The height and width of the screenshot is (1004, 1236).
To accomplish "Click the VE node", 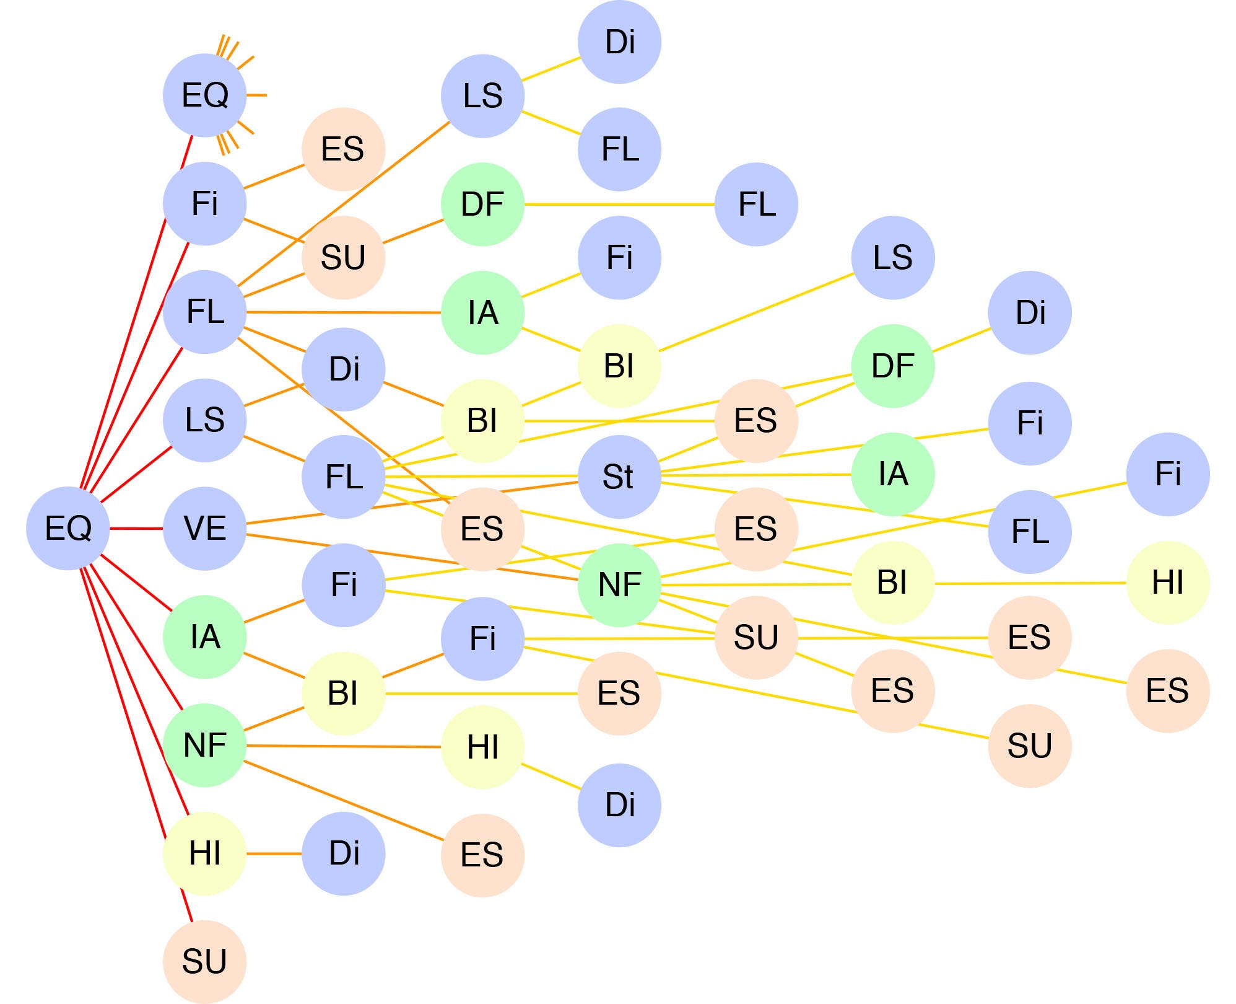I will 204,529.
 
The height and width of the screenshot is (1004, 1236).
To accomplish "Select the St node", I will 619,477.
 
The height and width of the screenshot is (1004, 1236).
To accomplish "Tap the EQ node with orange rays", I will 204,95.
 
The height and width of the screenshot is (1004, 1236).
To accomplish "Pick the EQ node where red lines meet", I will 68,529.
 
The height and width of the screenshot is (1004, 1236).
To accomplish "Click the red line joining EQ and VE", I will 136,529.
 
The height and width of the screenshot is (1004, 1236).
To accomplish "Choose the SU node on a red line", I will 204,962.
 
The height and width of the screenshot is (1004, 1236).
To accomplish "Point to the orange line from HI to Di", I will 274,853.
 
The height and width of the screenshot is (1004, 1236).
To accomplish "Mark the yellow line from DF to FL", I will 619,204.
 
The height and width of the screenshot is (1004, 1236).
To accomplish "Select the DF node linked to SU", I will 482,204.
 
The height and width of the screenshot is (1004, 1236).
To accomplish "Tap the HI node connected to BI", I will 1167,583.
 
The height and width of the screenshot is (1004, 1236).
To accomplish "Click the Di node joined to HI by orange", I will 344,853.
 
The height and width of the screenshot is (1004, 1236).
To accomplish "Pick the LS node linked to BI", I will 892,257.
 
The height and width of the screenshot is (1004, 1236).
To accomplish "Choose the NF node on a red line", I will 204,745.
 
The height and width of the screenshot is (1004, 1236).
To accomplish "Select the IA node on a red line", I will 204,637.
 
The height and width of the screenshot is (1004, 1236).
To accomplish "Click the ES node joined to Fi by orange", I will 344,149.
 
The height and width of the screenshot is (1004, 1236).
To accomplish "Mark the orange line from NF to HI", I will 344,746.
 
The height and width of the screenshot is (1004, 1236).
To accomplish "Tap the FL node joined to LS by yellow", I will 619,149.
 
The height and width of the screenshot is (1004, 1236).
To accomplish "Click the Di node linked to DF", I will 1030,312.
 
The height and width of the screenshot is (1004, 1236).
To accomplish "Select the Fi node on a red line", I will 204,203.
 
